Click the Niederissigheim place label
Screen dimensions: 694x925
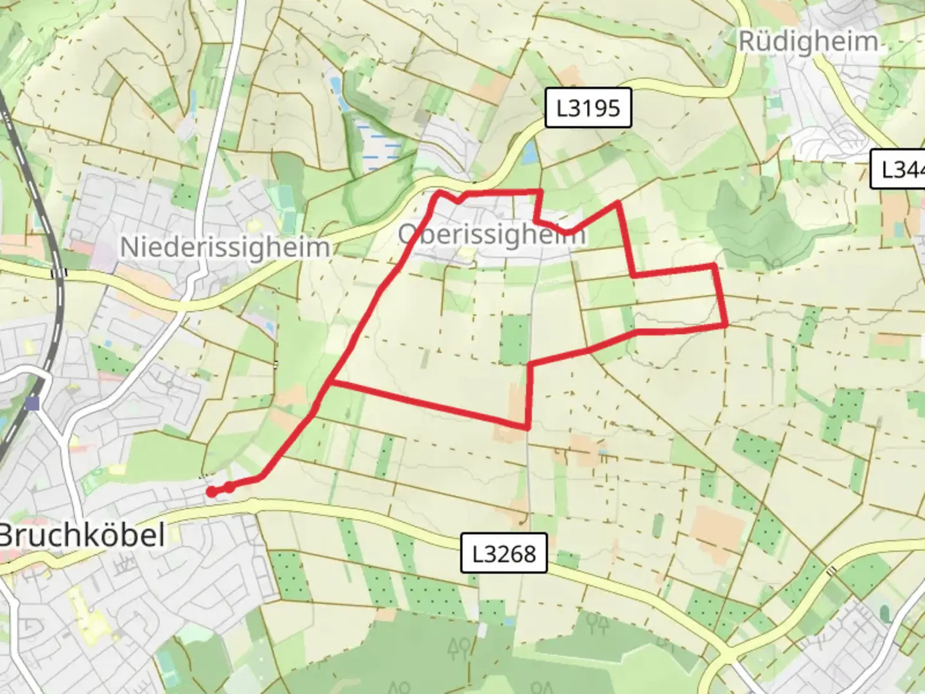click(225, 247)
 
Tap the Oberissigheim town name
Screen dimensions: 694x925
click(491, 235)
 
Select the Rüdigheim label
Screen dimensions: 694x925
click(807, 42)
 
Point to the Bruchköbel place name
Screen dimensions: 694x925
click(82, 535)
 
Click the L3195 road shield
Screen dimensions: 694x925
click(588, 108)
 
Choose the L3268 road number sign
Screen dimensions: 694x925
click(504, 553)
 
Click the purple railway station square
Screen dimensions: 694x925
click(33, 404)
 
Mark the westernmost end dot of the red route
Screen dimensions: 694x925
click(211, 492)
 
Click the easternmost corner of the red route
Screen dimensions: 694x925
click(726, 326)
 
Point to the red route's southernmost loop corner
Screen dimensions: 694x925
click(527, 427)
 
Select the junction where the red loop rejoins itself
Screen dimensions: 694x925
click(330, 383)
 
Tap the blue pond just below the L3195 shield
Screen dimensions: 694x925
click(530, 153)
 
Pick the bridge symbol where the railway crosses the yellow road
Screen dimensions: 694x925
click(58, 273)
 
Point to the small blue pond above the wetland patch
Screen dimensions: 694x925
click(335, 85)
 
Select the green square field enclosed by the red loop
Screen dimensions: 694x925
click(514, 339)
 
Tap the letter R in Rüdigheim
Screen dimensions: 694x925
click(748, 42)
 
